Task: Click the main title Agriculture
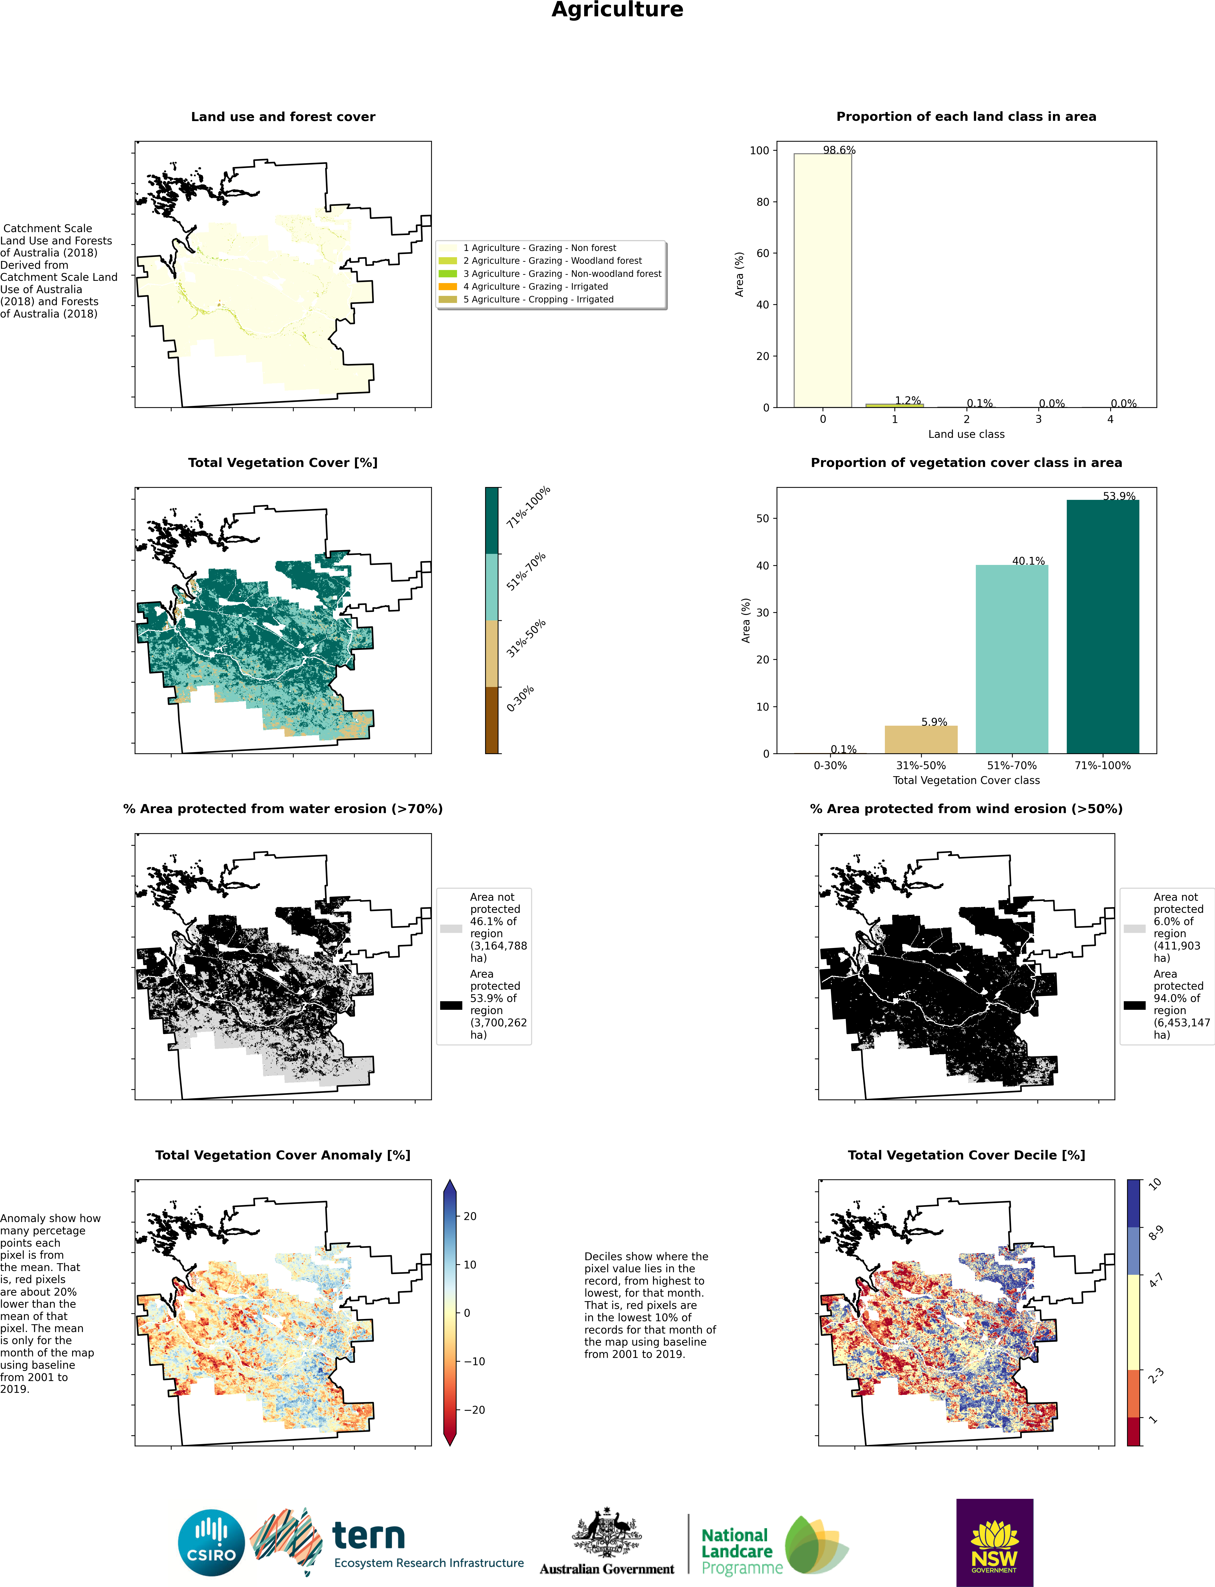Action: point(617,10)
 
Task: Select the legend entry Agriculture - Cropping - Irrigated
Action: point(538,299)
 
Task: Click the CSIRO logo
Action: point(211,1542)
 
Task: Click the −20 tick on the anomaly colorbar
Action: point(474,1410)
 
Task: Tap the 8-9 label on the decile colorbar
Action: point(1156,1233)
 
